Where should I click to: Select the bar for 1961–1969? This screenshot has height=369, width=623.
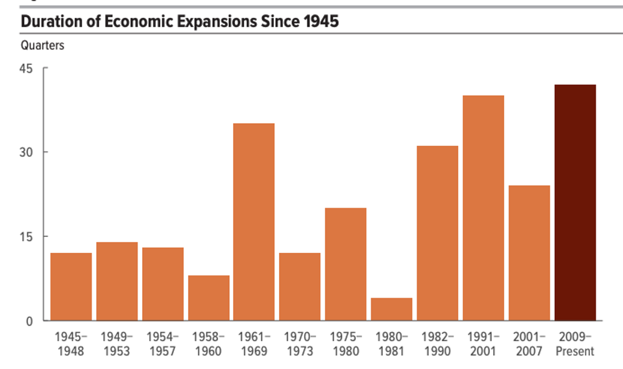coord(254,221)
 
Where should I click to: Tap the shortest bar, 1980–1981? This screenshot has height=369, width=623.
coord(391,309)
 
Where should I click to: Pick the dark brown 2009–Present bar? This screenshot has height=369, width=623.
coord(575,202)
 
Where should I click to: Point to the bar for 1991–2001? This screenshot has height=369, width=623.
coord(483,208)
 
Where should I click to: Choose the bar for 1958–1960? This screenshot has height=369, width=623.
coord(208,298)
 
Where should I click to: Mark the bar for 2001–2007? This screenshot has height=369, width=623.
coord(529,252)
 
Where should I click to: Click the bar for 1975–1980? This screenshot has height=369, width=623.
coord(345,263)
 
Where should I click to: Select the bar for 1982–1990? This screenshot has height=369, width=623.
coord(437,233)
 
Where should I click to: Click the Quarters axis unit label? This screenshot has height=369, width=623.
coord(42,46)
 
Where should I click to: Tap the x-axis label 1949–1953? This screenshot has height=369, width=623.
coord(117,344)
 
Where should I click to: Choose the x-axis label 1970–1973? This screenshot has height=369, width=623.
coord(300,344)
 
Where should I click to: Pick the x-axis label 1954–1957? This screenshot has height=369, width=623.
coord(162,344)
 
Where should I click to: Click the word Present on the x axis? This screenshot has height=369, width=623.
coord(575,351)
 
